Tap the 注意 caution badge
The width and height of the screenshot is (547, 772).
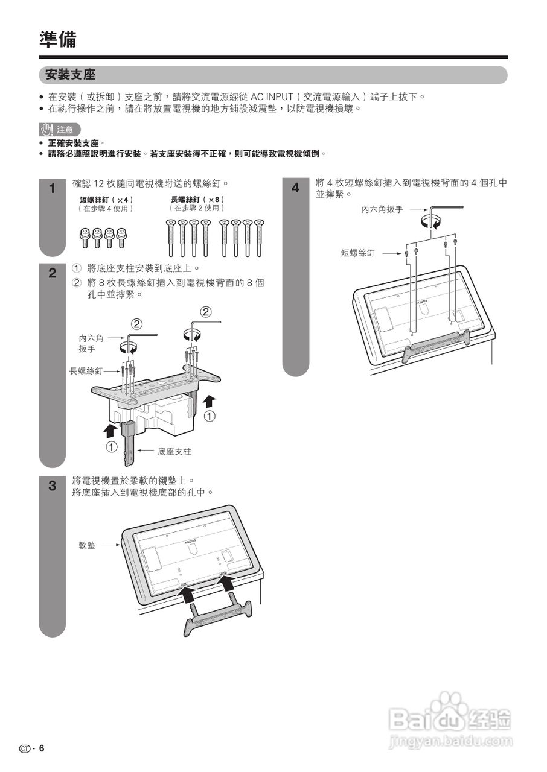pos(59,130)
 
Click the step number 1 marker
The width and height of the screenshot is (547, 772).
pos(52,188)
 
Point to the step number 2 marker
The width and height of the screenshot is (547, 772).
pos(52,273)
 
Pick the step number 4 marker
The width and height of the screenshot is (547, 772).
pos(295,188)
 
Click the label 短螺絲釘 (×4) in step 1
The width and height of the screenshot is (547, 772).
pos(106,200)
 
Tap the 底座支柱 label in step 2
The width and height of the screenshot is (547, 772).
pos(174,451)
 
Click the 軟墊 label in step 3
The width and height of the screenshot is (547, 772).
pos(87,545)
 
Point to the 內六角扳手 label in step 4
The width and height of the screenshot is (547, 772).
pos(382,209)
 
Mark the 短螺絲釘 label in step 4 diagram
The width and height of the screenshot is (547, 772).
pos(357,253)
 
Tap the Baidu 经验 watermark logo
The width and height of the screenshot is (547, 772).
pos(450,720)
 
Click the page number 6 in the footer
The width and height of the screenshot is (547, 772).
pos(42,748)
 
